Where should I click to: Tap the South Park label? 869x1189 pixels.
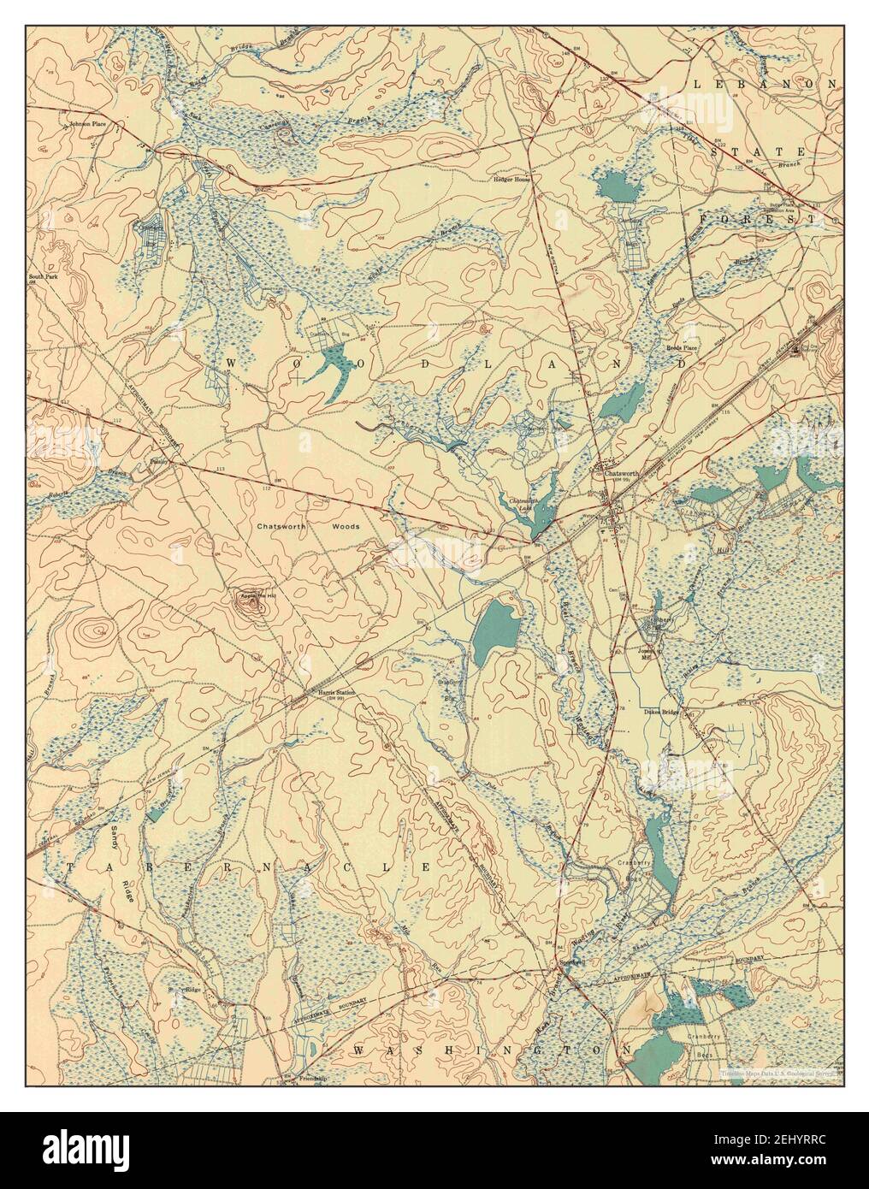point(42,277)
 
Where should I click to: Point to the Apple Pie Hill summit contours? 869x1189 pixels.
point(251,603)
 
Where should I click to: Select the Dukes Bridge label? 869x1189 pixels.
point(661,711)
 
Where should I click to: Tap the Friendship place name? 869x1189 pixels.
point(314,1080)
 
